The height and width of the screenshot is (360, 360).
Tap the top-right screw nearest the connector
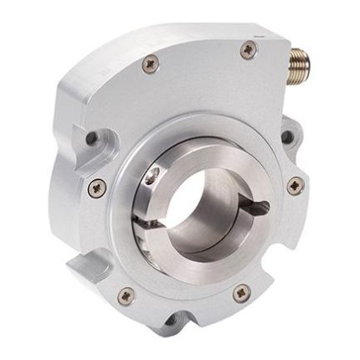tap(247, 49)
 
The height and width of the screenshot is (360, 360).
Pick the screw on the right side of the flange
tap(293, 186)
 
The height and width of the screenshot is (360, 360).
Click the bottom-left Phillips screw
tap(126, 294)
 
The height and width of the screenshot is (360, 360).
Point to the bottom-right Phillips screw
tap(241, 293)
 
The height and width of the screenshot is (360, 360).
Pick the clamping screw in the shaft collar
tap(151, 175)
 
